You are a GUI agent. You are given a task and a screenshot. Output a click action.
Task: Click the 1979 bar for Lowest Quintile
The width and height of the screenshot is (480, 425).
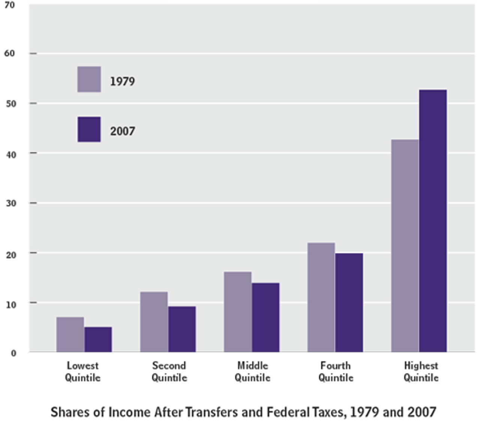[x=70, y=335]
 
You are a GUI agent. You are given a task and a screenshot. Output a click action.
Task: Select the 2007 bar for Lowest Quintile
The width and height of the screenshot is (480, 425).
[x=98, y=339]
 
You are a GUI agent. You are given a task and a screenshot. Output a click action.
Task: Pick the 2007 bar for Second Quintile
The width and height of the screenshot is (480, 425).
[x=182, y=329]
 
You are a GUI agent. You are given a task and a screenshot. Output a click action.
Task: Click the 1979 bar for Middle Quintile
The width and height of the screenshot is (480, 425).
[x=238, y=312]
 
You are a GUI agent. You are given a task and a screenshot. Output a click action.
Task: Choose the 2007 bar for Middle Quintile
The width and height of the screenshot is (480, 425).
[x=265, y=318]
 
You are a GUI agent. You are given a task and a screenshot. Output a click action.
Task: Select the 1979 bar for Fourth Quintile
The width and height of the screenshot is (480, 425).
[x=321, y=297]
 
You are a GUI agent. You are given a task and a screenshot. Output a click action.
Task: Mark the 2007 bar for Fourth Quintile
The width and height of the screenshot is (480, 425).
[x=349, y=303]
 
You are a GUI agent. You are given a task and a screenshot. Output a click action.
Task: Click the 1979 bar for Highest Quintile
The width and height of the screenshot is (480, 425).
[x=405, y=246]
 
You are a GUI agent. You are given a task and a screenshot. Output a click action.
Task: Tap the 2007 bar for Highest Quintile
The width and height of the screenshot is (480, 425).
[x=433, y=221]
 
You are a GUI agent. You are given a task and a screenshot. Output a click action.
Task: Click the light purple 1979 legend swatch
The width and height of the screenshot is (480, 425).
[x=89, y=79]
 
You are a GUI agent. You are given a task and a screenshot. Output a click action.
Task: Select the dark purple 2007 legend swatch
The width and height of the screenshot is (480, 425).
[x=89, y=129]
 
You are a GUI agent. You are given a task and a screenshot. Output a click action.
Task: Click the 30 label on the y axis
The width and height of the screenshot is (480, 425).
[x=11, y=203]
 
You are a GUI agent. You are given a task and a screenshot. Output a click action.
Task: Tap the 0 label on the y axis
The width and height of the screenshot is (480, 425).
[x=13, y=353]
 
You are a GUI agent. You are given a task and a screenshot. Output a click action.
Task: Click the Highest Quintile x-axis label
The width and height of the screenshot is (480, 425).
[x=421, y=371]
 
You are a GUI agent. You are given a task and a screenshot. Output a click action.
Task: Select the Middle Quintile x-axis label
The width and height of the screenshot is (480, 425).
[x=252, y=371]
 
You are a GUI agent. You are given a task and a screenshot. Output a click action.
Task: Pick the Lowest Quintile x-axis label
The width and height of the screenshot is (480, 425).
[x=82, y=371]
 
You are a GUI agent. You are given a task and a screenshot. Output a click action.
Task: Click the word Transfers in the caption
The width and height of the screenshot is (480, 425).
[x=211, y=412]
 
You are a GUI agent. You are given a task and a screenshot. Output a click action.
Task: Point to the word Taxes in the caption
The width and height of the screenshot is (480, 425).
[x=327, y=412]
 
